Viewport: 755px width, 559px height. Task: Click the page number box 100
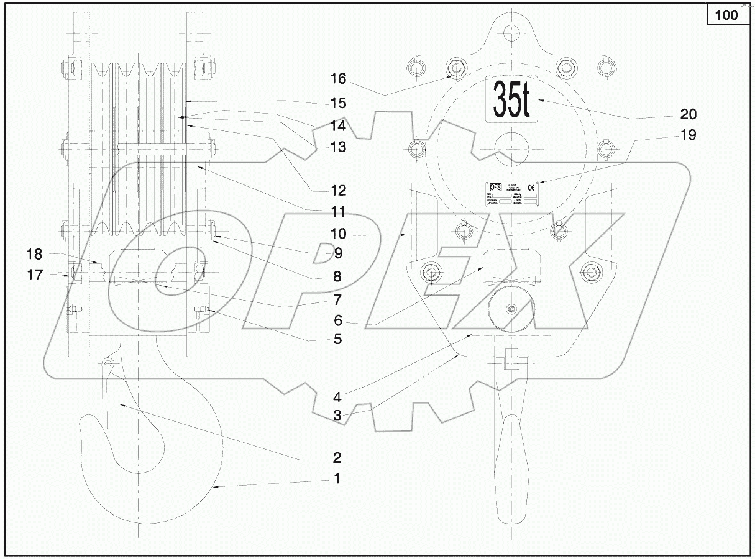(x=726, y=15)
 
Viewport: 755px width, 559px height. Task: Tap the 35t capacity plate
(x=511, y=99)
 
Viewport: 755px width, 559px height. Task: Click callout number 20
(x=688, y=114)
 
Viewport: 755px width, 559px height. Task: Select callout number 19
(x=688, y=135)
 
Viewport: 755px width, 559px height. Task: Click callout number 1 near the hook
(x=337, y=479)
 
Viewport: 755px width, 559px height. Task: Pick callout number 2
(x=337, y=458)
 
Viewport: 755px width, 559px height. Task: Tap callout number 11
(x=337, y=212)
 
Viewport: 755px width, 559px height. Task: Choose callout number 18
(x=35, y=253)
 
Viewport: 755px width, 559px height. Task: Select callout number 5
(x=337, y=339)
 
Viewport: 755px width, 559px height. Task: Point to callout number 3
(x=337, y=416)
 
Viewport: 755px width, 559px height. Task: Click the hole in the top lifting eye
(x=511, y=31)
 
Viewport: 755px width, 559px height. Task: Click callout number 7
(x=337, y=299)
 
